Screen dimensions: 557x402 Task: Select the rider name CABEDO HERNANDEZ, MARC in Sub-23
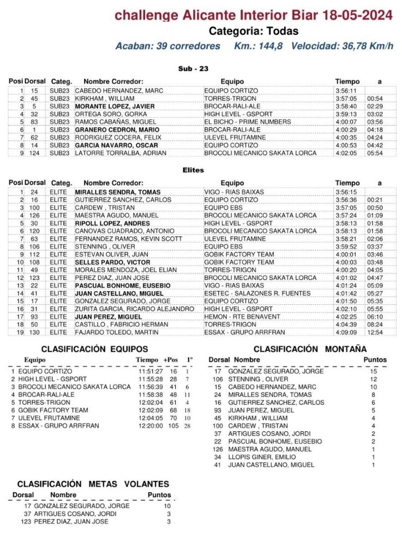coord(111,90)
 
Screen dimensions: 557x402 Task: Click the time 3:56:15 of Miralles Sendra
coord(346,192)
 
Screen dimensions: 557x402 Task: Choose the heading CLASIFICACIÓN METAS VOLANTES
coord(93,483)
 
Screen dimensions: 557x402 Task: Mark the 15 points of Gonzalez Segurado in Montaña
coord(374,371)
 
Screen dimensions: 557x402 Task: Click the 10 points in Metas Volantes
coord(167,506)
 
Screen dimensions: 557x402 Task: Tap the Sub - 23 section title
coord(193,69)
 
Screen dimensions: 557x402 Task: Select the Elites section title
coord(193,170)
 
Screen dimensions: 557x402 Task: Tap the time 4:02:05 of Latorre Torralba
coord(346,153)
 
